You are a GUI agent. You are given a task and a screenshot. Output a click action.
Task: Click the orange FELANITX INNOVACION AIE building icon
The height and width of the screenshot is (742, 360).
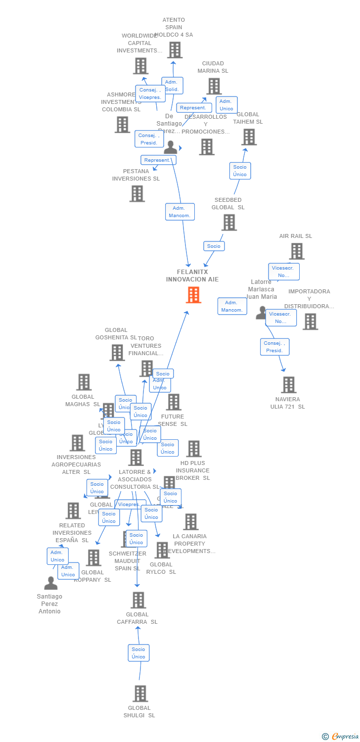(193, 295)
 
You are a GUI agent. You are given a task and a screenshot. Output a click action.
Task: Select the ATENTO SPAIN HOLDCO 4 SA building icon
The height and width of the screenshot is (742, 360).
(174, 50)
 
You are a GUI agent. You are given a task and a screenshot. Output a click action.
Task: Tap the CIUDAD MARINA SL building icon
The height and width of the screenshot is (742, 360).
(214, 86)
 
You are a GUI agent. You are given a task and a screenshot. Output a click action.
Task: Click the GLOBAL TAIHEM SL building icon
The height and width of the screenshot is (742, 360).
(249, 137)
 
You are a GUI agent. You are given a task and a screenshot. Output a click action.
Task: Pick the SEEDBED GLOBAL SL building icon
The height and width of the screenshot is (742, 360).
(228, 223)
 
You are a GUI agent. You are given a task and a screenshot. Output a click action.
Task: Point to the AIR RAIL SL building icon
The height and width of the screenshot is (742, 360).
(296, 251)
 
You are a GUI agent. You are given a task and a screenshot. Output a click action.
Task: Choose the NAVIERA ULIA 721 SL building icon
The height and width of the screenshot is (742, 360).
(288, 384)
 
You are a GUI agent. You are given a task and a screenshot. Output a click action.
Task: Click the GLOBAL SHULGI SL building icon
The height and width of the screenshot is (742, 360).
(140, 694)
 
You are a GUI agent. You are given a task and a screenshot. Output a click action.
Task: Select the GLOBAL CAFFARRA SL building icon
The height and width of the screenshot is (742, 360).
(138, 600)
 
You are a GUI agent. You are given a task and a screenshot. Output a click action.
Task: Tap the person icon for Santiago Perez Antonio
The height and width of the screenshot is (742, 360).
(50, 584)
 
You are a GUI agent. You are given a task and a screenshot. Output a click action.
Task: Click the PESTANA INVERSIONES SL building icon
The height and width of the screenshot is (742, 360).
(137, 193)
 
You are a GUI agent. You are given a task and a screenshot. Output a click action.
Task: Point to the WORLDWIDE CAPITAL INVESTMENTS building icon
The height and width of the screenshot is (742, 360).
(140, 66)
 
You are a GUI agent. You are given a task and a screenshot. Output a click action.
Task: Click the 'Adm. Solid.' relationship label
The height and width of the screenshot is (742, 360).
(172, 86)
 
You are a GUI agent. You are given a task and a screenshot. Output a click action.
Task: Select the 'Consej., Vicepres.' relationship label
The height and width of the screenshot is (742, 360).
(150, 93)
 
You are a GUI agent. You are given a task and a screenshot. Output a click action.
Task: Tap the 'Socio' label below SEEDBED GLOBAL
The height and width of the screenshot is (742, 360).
(214, 246)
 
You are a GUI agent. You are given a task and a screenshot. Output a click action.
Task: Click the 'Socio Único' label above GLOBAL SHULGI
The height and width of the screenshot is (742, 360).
(138, 653)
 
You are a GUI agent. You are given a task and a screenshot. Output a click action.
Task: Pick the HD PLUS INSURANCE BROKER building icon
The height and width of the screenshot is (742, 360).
(193, 449)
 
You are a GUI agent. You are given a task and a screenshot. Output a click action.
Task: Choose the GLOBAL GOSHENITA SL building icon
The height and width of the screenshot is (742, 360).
(117, 353)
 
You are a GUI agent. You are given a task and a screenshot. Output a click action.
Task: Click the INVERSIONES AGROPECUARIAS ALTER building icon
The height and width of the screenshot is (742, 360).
(77, 443)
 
